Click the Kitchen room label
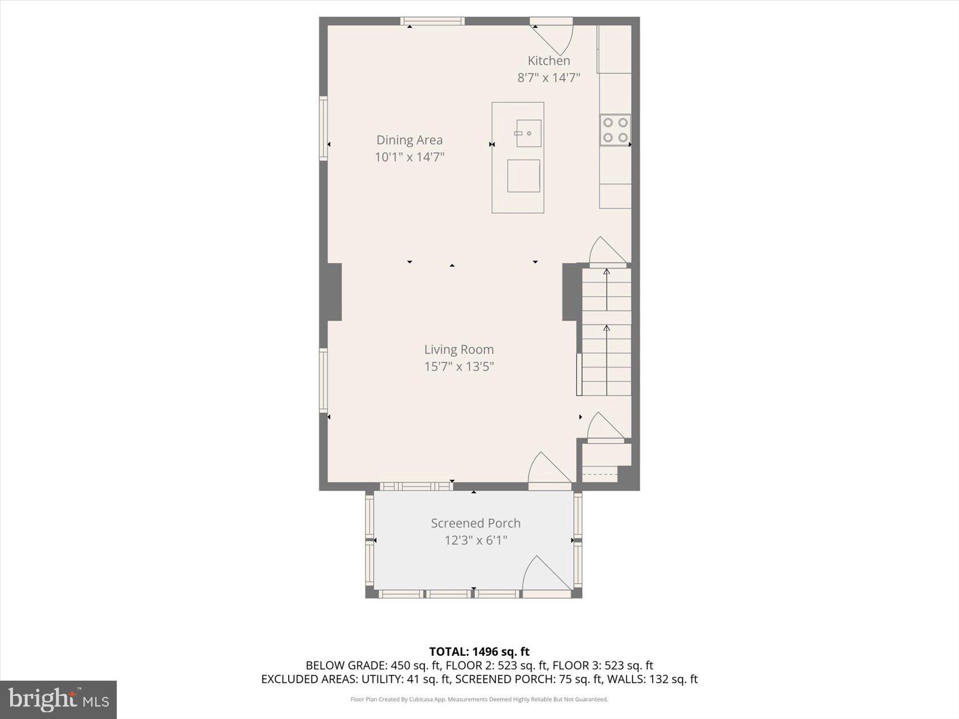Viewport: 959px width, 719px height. click(548, 61)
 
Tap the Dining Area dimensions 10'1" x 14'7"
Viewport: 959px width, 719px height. click(410, 157)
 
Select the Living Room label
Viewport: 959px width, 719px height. click(459, 350)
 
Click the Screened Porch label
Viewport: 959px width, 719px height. click(476, 523)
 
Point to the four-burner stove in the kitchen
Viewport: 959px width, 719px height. click(615, 130)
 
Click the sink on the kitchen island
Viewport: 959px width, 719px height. click(529, 134)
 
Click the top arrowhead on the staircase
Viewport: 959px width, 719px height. click(607, 272)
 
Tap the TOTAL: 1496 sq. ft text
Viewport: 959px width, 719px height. click(479, 652)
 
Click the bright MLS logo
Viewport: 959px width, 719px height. click(59, 699)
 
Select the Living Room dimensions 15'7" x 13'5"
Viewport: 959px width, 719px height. click(459, 367)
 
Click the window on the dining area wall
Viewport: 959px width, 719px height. click(323, 129)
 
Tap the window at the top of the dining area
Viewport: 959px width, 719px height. click(433, 21)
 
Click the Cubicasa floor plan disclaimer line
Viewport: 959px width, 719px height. click(479, 699)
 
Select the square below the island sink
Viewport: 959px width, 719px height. click(524, 176)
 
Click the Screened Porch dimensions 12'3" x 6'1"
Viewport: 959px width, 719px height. click(476, 540)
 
